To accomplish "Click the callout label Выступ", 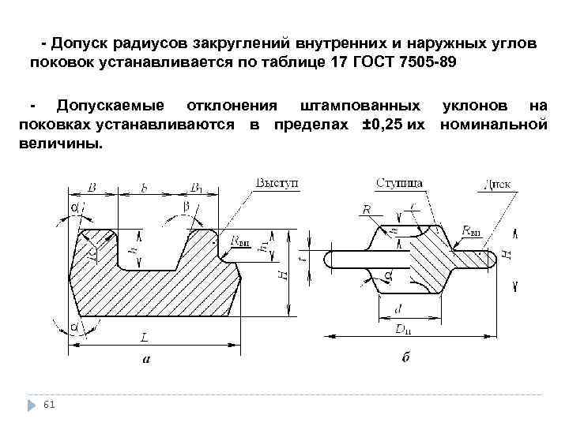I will tap(277, 183).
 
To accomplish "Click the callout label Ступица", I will tap(400, 183).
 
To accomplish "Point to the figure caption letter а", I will tap(145, 360).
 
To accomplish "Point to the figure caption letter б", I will tap(405, 360).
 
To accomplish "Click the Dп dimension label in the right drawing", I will tap(404, 330).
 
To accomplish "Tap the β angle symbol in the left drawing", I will tap(187, 206).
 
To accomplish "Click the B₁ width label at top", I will tap(196, 187).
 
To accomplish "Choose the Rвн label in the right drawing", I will tap(471, 231).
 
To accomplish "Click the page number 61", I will tap(50, 404).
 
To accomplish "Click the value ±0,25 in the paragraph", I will tap(375, 125).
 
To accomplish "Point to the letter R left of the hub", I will tap(366, 209).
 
